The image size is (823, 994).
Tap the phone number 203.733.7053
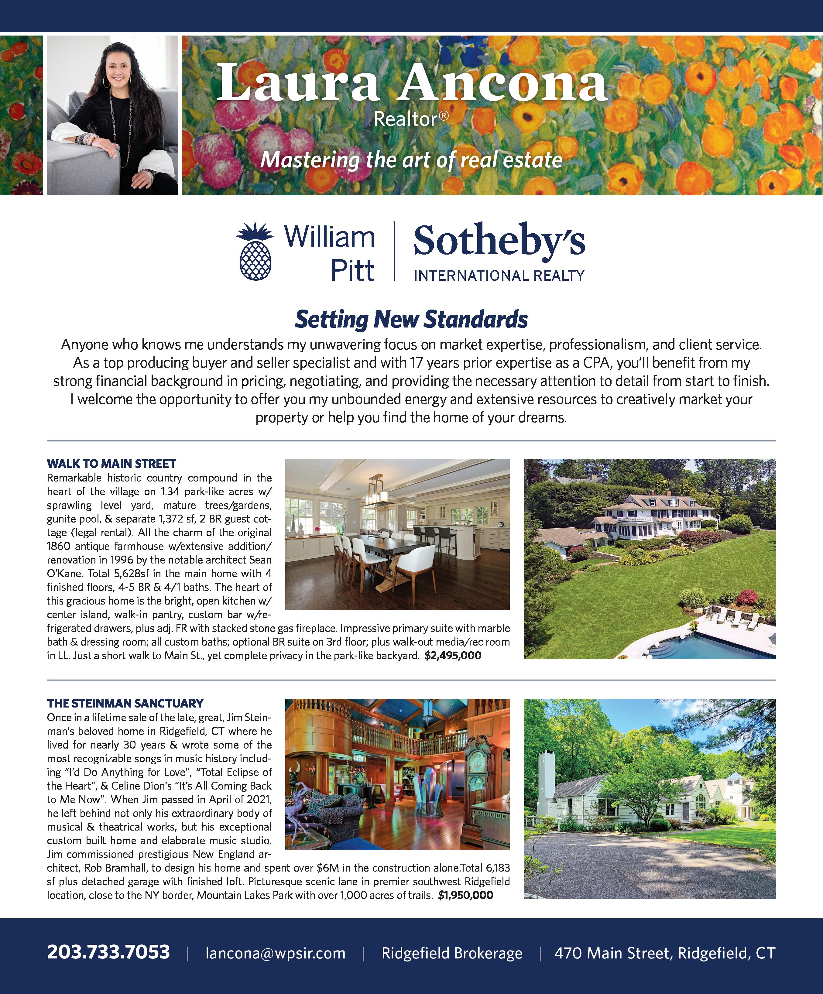pyautogui.click(x=108, y=952)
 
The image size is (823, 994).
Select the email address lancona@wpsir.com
pyautogui.click(x=276, y=953)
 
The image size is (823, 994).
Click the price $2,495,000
pyautogui.click(x=453, y=656)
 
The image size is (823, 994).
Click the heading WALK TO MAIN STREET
pyautogui.click(x=111, y=463)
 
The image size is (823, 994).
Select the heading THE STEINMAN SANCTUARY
pyautogui.click(x=125, y=703)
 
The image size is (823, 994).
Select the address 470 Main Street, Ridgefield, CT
pyautogui.click(x=664, y=953)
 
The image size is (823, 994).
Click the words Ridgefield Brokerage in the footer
pyautogui.click(x=452, y=953)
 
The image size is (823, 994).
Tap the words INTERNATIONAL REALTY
pyautogui.click(x=499, y=275)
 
